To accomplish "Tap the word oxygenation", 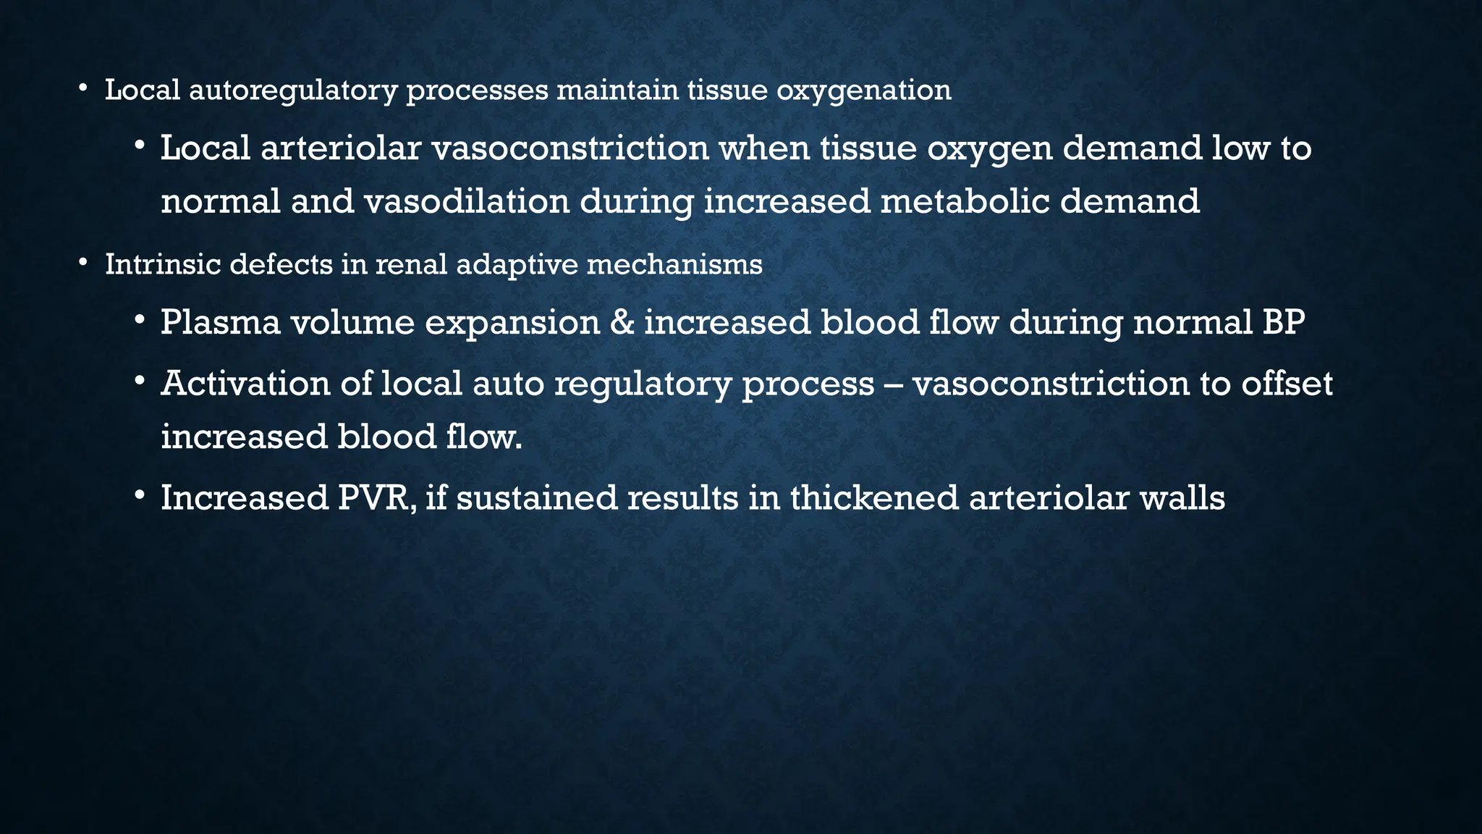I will (864, 90).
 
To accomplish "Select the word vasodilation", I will (466, 201).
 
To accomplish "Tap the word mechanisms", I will (674, 264).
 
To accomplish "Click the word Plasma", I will (220, 322).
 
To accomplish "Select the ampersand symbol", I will (622, 322).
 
